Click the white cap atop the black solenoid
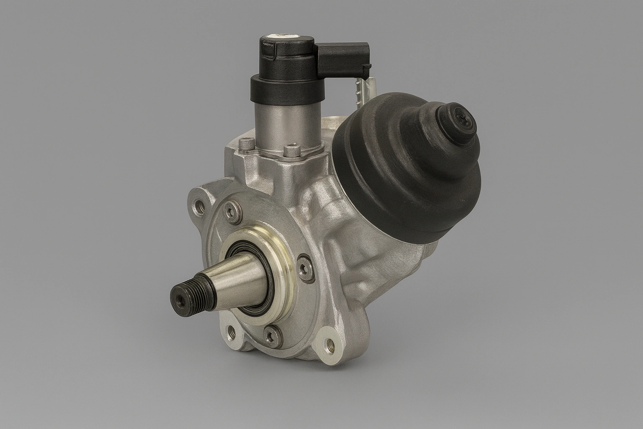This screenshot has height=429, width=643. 281,37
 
